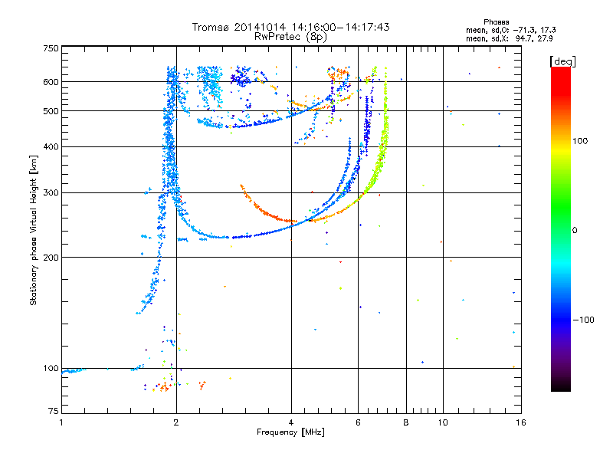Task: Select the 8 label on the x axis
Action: pyautogui.click(x=406, y=422)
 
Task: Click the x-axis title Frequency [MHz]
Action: pyautogui.click(x=290, y=432)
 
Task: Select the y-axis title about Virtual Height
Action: pyautogui.click(x=34, y=230)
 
